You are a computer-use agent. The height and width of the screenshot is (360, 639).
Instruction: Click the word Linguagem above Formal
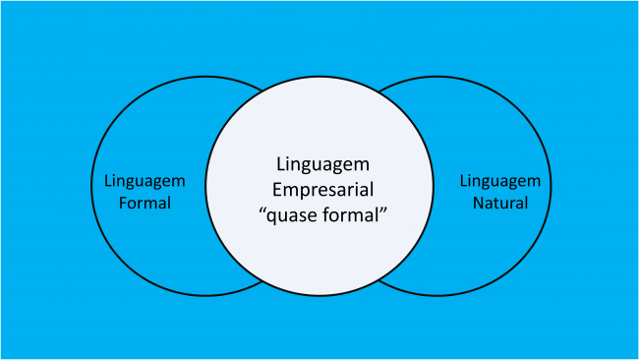(145, 182)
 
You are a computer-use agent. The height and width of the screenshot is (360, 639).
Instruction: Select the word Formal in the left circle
(145, 204)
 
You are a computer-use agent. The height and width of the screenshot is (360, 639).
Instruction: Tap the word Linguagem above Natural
(500, 182)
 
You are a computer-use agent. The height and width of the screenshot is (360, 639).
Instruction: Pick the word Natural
(500, 204)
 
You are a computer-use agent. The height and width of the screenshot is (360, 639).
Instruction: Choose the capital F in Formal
(123, 204)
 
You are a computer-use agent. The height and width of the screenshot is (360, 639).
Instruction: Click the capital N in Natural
(476, 204)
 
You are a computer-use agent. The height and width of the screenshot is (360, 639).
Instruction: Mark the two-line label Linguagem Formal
(145, 193)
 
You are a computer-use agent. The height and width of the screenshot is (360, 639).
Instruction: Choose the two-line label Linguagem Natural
(500, 193)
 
